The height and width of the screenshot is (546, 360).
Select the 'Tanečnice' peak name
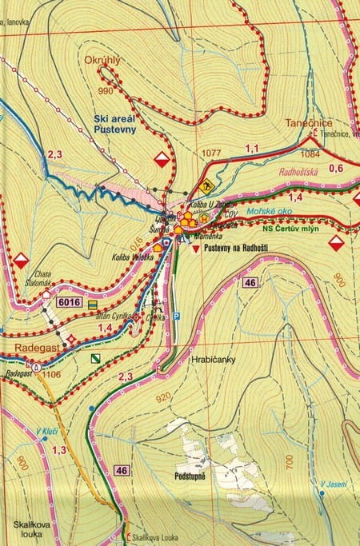(x=309, y=124)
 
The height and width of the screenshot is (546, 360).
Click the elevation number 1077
(x=211, y=153)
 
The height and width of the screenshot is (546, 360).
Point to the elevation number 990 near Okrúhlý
(x=103, y=92)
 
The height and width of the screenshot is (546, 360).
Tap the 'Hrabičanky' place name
(x=213, y=360)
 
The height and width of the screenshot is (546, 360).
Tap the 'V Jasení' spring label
(x=333, y=483)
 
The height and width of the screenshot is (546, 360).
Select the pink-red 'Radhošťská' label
(x=300, y=171)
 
